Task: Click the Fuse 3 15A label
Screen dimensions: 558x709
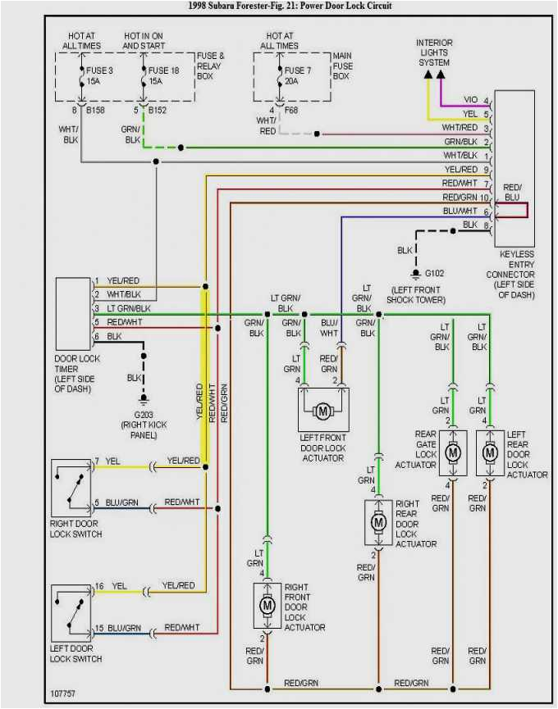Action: (x=99, y=75)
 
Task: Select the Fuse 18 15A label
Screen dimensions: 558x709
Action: (x=163, y=75)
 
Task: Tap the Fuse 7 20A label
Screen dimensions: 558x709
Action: (x=297, y=75)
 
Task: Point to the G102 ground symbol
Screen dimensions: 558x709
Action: (x=416, y=274)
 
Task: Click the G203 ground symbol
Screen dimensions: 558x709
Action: (x=144, y=399)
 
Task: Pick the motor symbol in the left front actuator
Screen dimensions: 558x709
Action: (x=323, y=411)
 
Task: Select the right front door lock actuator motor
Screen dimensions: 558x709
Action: (x=267, y=605)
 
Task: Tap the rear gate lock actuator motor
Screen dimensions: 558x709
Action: (x=453, y=452)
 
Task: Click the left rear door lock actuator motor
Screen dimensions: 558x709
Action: (x=490, y=452)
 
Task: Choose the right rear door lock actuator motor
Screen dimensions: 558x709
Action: (x=378, y=522)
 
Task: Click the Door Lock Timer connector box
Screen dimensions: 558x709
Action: (x=73, y=314)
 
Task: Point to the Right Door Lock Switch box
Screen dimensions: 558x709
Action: (x=71, y=488)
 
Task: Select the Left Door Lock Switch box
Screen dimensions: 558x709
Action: (x=71, y=613)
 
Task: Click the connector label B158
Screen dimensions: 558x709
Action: (x=95, y=110)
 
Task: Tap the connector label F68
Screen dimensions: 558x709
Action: (x=291, y=110)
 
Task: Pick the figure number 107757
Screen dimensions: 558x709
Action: (x=62, y=693)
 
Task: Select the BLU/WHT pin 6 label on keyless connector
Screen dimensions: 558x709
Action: (x=465, y=211)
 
